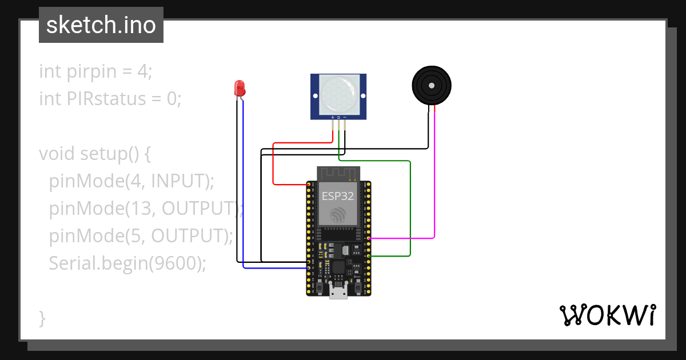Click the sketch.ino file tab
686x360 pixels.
pos(101,25)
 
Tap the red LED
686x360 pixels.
pos(240,88)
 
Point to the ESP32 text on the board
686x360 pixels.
pos(337,196)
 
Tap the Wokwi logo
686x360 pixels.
pos(607,315)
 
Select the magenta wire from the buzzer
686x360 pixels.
pos(434,171)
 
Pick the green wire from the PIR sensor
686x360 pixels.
pos(410,206)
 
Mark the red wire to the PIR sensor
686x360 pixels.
pos(273,166)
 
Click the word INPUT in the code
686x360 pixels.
pos(177,181)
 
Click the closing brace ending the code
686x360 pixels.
pos(42,318)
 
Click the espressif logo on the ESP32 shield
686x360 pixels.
pos(337,215)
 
